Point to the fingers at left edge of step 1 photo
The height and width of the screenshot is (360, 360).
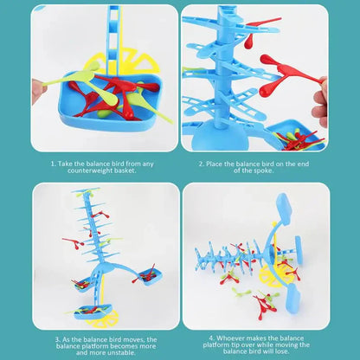point(37,88)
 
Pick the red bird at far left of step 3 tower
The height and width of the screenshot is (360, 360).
point(68,243)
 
